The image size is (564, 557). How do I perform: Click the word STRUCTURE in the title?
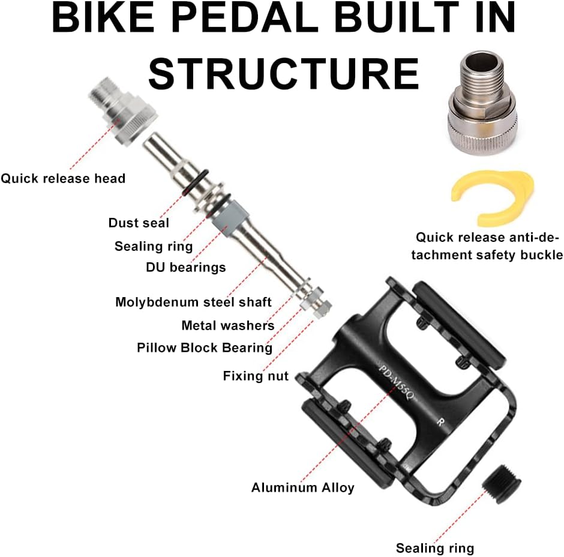(x=283, y=74)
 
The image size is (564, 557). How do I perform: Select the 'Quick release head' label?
(x=63, y=178)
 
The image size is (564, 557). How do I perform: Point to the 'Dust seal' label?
(x=139, y=223)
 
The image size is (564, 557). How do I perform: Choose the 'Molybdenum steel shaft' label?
(x=193, y=302)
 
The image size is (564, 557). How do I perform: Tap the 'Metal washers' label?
(x=227, y=325)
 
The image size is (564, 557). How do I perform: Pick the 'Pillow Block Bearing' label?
(x=204, y=348)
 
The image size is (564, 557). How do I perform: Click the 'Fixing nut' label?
(x=256, y=376)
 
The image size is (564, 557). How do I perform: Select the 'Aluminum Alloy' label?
(x=302, y=487)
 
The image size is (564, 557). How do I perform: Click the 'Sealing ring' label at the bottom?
(x=434, y=547)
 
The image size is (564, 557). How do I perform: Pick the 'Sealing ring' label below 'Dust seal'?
(x=154, y=246)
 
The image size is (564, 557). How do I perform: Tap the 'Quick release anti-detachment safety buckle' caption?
(x=489, y=246)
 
